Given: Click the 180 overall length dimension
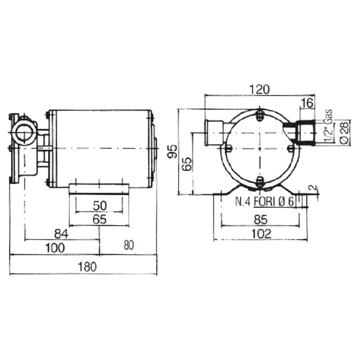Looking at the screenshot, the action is (x=87, y=267).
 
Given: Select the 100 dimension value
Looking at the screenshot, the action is (x=55, y=248).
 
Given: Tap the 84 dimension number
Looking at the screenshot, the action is (x=61, y=234).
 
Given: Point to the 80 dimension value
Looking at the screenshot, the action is (x=129, y=245).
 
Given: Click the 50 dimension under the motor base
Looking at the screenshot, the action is (x=100, y=206).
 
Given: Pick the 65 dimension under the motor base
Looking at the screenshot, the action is (x=99, y=220).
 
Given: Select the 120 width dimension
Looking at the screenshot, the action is (x=260, y=90).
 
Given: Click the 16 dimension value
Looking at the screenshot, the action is (x=307, y=103).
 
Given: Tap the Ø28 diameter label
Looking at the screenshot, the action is (x=344, y=132).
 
